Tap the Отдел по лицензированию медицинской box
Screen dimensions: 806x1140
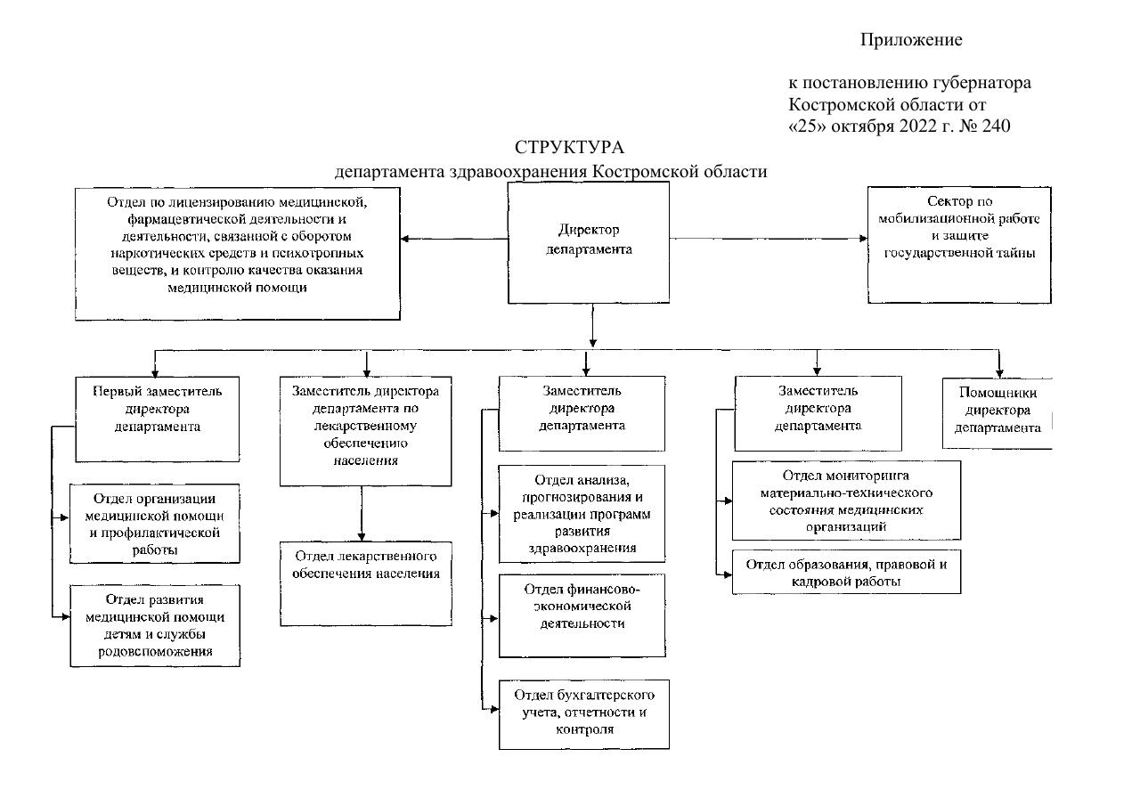click(x=237, y=253)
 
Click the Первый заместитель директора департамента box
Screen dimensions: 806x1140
click(x=157, y=419)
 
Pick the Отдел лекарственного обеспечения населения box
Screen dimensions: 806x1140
click(x=366, y=583)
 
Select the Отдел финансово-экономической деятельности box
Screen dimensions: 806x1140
click(x=582, y=615)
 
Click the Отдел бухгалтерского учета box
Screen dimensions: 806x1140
click(x=584, y=714)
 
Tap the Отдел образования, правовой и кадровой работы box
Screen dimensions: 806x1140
click(x=846, y=573)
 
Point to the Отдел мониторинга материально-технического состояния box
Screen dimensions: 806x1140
click(x=846, y=500)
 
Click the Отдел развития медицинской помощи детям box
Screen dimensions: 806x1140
click(x=156, y=625)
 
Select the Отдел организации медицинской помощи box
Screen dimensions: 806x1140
click(x=156, y=524)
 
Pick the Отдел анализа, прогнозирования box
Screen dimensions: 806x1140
click(x=582, y=514)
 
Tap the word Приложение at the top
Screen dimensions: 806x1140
click(x=911, y=40)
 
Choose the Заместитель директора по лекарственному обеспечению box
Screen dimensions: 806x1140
click(x=364, y=430)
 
